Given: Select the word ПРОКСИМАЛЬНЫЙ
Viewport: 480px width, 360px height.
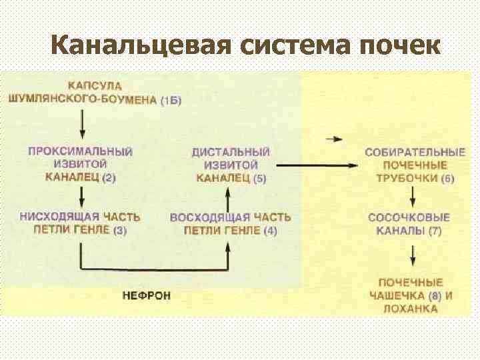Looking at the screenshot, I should point(80,151).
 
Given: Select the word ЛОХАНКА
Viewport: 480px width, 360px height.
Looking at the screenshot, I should point(410,309).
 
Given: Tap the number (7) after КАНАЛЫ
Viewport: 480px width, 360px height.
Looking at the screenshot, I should point(435,231).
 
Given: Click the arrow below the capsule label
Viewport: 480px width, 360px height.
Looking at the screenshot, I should point(81,123).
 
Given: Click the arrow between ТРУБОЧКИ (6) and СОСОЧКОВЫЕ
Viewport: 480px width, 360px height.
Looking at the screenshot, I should point(413,197).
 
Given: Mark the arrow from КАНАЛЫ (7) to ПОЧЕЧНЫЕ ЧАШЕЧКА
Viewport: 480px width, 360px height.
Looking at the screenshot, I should point(413,255).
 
